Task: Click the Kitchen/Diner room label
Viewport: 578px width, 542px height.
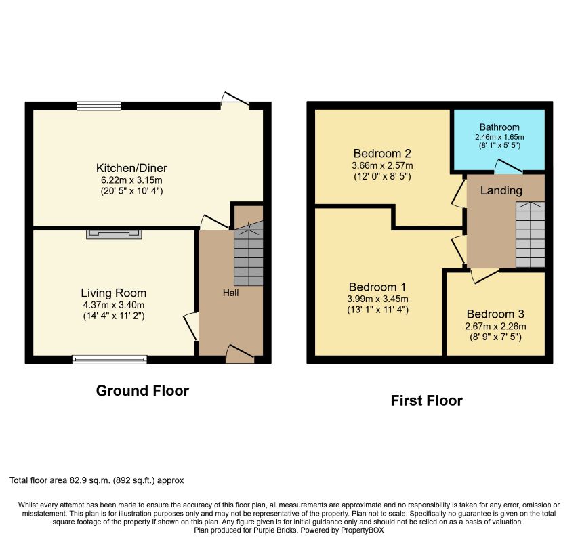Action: [131, 168]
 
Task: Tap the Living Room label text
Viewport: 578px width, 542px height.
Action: [114, 293]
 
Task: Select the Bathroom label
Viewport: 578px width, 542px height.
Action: [499, 127]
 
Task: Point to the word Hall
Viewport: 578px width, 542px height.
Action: [231, 293]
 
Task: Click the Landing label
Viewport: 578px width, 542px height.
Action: [501, 190]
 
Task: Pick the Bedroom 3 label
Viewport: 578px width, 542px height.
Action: [495, 314]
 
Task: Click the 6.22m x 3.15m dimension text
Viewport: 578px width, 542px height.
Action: [131, 180]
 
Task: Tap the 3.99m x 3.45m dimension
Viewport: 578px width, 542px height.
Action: [377, 299]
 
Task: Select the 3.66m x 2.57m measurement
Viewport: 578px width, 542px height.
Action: [382, 165]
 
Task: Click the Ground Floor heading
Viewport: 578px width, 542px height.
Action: [142, 390]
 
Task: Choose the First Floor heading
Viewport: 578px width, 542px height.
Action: [426, 400]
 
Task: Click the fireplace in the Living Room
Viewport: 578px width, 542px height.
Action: [114, 234]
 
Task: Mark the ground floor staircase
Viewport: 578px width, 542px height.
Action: [249, 253]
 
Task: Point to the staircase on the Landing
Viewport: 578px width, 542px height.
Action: [530, 234]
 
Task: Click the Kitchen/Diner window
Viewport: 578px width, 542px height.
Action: [99, 106]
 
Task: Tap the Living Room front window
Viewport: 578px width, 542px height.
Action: [110, 360]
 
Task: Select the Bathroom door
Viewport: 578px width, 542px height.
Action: [508, 167]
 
